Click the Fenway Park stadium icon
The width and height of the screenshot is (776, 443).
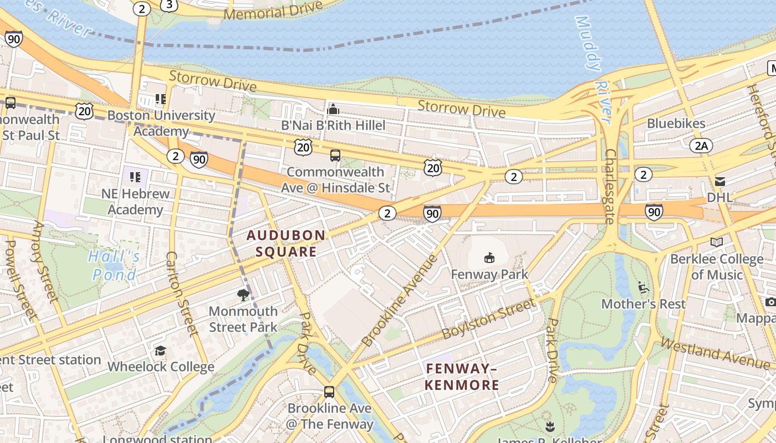tap(489, 257)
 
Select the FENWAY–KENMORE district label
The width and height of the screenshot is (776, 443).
tap(462, 377)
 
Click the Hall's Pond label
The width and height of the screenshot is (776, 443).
tap(114, 265)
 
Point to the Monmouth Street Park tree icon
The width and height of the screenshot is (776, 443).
tap(243, 295)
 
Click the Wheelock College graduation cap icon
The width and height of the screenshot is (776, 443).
tap(160, 351)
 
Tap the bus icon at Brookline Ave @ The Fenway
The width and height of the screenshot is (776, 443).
tap(329, 392)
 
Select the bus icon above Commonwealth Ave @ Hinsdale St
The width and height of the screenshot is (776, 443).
tap(335, 156)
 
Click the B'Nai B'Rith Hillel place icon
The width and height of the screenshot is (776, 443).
tap(333, 109)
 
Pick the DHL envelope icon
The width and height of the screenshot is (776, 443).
tap(720, 181)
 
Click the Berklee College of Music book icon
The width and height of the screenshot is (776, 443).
tap(716, 242)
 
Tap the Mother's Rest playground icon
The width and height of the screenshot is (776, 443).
tap(643, 287)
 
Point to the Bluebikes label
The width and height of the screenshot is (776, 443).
tap(676, 123)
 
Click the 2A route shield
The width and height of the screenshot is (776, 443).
tap(701, 146)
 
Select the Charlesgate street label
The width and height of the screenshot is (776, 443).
tap(610, 186)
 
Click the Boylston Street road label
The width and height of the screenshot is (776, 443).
tap(489, 319)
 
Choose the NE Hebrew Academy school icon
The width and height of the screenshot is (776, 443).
tap(135, 177)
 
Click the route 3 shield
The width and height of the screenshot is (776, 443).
tap(169, 5)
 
